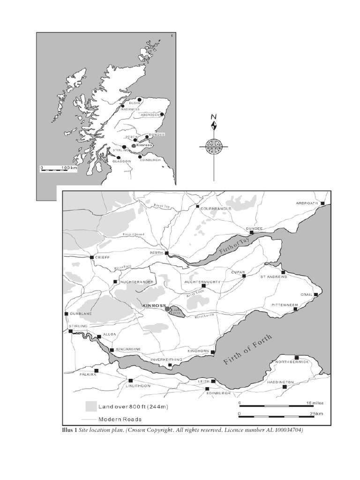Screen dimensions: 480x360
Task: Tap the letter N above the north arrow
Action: [x=214, y=117]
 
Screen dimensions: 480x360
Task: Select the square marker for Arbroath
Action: [x=322, y=203]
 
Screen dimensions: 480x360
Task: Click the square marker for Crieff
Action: [x=91, y=257]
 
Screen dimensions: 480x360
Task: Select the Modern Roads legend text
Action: [x=120, y=419]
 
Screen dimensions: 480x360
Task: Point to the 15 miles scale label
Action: [x=315, y=403]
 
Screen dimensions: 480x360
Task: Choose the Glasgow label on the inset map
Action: [x=121, y=161]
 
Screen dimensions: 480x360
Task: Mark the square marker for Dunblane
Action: [x=66, y=314]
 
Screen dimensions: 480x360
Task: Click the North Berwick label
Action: [x=292, y=362]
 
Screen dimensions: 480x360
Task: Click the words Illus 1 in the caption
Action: [x=69, y=430]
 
